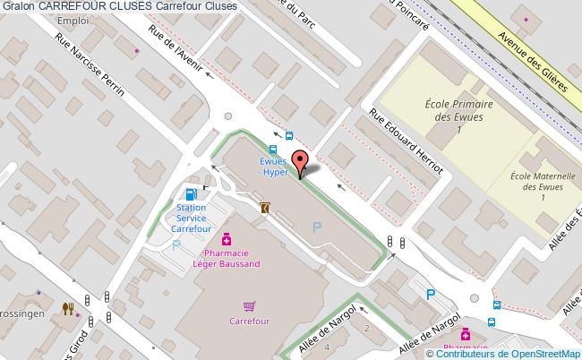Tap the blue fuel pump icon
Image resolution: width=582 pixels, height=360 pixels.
(191, 193)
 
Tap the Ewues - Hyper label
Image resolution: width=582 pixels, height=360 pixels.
(273, 167)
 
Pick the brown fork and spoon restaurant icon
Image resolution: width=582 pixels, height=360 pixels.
(68, 309)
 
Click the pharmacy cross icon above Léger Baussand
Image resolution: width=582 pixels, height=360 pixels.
(227, 240)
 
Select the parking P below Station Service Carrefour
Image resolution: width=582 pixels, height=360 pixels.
(176, 244)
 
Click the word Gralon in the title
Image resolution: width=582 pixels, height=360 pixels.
(17, 6)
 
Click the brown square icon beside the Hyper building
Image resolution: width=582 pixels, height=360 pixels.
(265, 207)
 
